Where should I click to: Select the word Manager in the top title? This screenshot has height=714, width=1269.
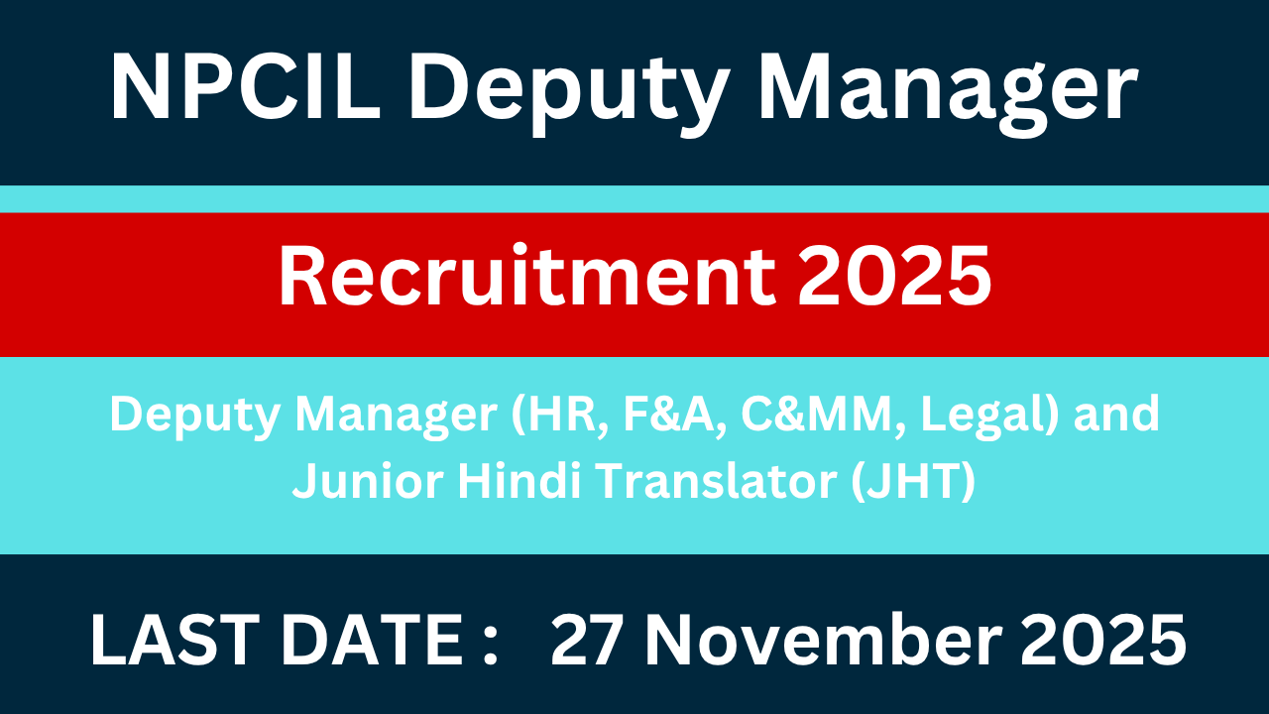[x=947, y=91]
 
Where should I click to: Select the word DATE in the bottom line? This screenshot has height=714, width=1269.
[x=366, y=640]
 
